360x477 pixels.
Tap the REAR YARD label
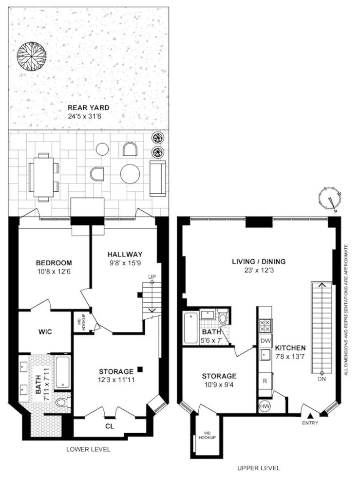tap(88, 108)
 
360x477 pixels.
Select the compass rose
tap(330, 199)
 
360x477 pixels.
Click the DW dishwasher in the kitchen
tap(265, 341)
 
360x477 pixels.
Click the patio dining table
tap(42, 176)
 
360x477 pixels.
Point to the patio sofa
tap(158, 178)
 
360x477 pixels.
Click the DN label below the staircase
tap(322, 378)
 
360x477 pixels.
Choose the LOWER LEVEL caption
tap(88, 449)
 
